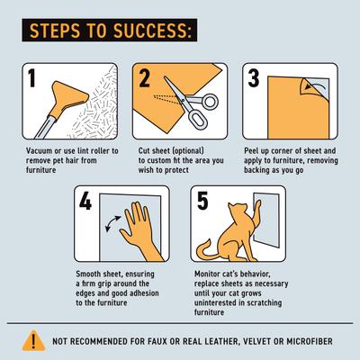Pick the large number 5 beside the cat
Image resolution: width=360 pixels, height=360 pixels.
pyautogui.click(x=205, y=202)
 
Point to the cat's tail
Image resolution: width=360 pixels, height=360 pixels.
pyautogui.click(x=213, y=256)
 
